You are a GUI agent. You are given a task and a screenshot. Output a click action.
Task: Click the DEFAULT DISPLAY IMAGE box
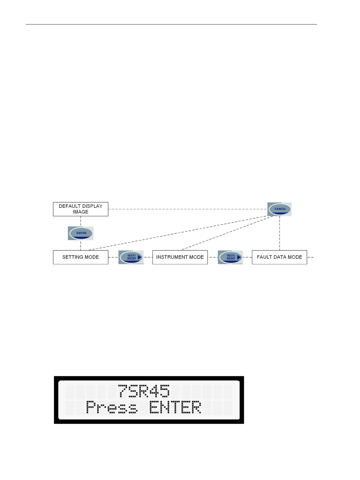80,209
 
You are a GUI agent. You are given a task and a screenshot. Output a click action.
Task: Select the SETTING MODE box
80,257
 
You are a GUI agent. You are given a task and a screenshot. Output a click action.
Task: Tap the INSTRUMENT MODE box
180,257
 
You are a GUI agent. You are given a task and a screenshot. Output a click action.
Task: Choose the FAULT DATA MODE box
279,257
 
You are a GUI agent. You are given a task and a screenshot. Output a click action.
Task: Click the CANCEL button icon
280,209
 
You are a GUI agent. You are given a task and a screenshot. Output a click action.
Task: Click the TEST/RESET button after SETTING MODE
131,257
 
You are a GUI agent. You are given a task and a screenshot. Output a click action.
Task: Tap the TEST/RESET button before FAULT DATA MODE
230,257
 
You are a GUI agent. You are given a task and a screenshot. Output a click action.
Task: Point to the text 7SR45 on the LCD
144,391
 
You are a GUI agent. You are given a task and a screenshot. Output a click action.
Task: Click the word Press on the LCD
112,407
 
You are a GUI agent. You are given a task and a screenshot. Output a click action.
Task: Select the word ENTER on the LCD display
175,407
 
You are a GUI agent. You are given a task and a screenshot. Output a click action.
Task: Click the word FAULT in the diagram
264,257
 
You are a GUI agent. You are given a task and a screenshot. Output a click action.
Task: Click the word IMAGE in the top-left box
80,212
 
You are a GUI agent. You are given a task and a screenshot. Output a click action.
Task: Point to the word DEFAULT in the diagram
70,206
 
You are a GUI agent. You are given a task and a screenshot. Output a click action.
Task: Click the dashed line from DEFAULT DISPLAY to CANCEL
187,209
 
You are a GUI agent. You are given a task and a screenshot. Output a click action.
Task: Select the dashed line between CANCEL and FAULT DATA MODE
280,233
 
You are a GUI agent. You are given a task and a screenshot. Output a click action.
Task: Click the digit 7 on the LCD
123,391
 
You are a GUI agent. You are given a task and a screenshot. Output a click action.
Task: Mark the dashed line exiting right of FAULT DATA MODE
311,257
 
